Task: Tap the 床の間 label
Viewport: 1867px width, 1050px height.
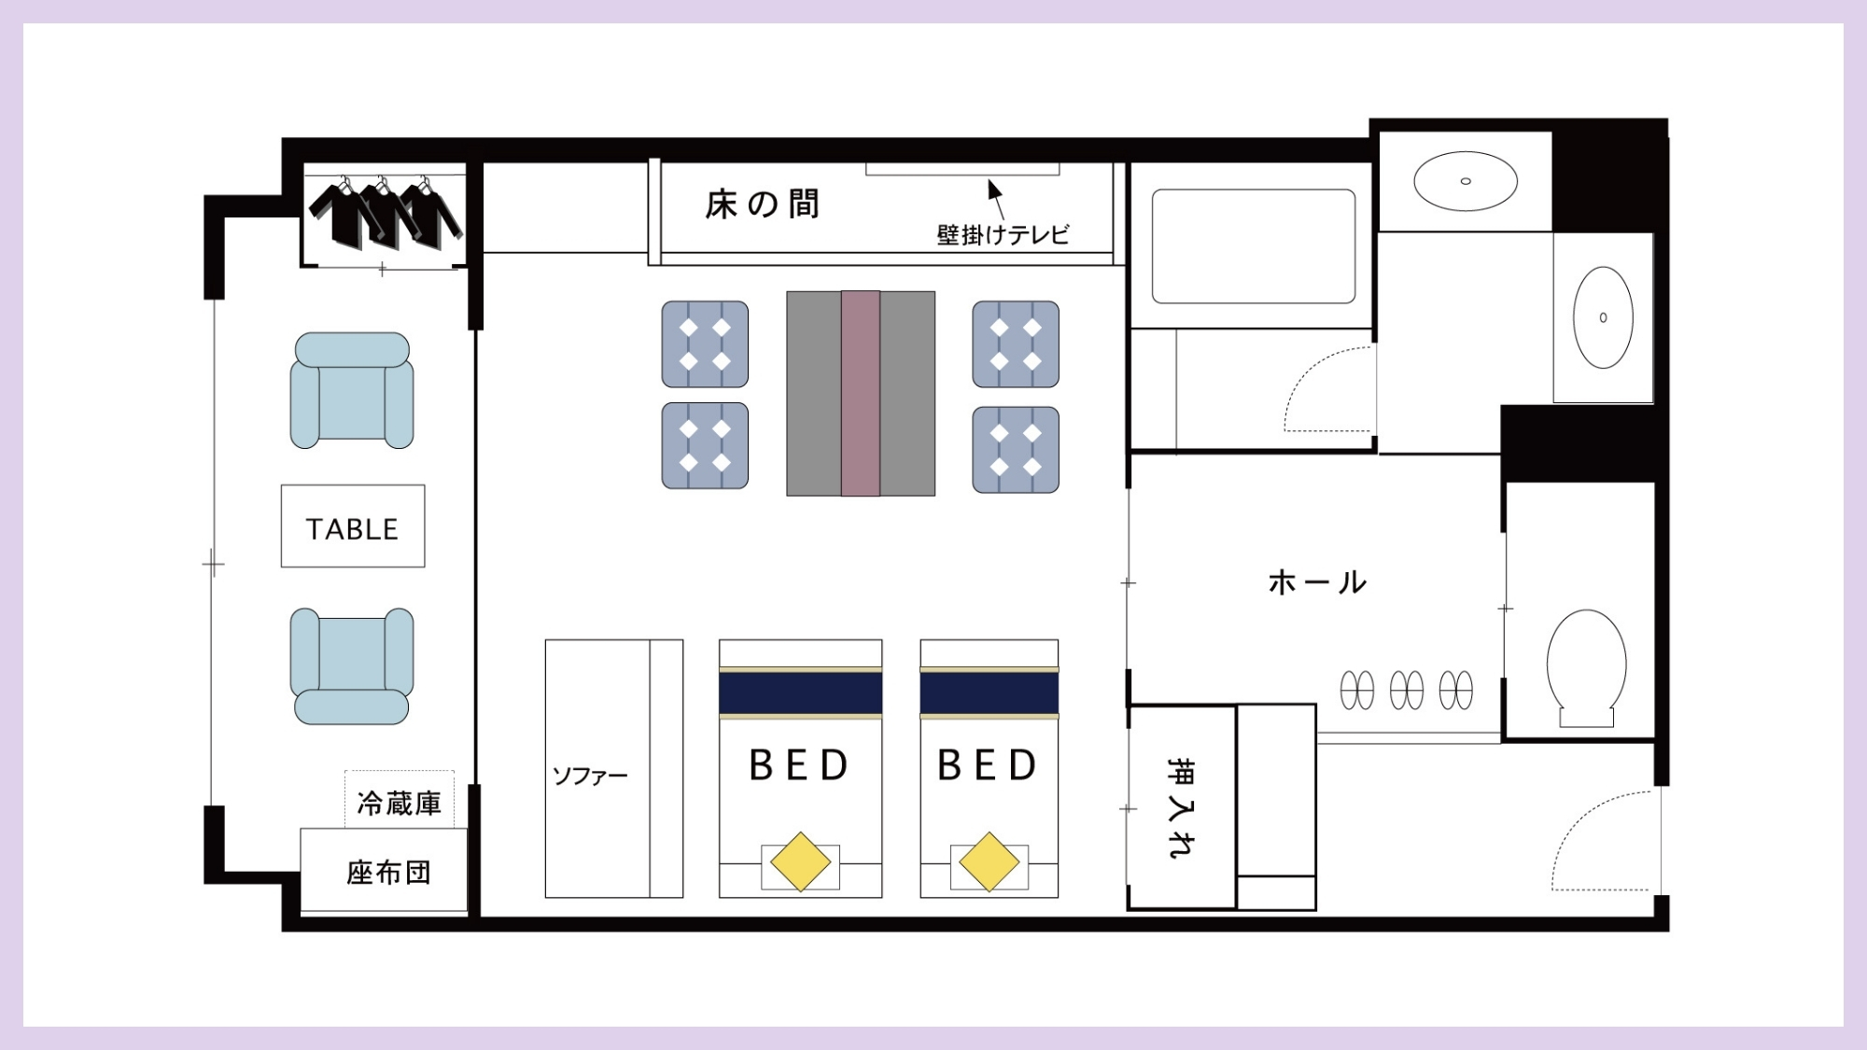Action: click(x=762, y=204)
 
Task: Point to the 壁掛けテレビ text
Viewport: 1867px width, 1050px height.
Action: click(x=1003, y=234)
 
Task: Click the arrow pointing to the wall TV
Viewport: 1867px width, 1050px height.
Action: click(x=996, y=197)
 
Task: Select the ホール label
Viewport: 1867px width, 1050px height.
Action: click(x=1317, y=582)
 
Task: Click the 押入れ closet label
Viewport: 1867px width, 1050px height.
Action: click(x=1181, y=806)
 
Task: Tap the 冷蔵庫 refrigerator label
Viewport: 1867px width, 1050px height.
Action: click(x=399, y=803)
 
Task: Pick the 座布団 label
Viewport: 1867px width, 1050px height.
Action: click(x=388, y=873)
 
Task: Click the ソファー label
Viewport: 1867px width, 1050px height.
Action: click(x=590, y=776)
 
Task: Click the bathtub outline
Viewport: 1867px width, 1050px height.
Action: click(x=1253, y=246)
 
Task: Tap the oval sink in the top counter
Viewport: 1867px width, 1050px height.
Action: click(x=1465, y=181)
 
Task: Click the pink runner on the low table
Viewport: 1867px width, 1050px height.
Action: click(x=860, y=393)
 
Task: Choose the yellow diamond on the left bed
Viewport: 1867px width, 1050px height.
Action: click(x=800, y=861)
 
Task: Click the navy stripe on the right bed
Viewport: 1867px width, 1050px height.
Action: click(x=989, y=693)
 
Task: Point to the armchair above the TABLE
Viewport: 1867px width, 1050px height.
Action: click(x=352, y=390)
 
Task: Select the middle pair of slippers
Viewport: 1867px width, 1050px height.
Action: click(x=1406, y=691)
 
